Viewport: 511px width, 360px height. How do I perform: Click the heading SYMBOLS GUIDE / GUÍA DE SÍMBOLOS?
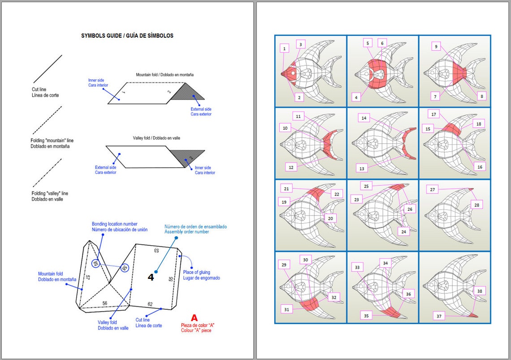tap(127, 35)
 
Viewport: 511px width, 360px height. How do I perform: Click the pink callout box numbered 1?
tap(284, 48)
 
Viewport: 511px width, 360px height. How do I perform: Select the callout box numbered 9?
tap(435, 46)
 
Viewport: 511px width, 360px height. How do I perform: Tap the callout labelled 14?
tap(364, 118)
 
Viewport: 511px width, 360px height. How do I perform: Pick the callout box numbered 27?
tap(433, 190)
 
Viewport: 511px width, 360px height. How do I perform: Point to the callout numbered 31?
tap(287, 308)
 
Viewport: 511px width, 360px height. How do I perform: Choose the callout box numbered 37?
tap(439, 316)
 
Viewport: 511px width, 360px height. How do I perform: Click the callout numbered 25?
tap(367, 186)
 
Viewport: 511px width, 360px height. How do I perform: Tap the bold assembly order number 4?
tap(151, 277)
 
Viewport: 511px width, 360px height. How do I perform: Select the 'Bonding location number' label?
tap(115, 226)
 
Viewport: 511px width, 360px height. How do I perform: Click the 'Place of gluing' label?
tap(201, 275)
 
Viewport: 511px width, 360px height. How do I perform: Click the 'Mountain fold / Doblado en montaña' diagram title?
tap(165, 74)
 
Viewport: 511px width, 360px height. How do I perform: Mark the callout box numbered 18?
tap(478, 123)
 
